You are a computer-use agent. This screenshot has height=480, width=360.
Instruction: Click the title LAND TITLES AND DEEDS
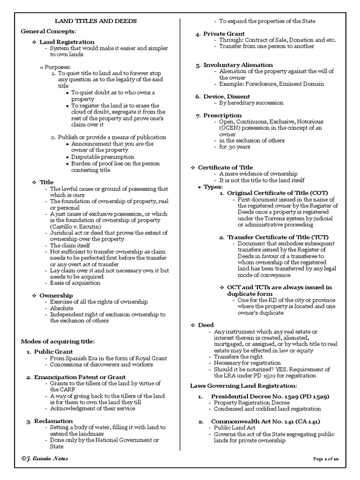point(96,21)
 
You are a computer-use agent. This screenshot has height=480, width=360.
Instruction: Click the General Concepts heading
point(48,31)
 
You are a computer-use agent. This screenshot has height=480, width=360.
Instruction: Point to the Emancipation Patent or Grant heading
point(79,377)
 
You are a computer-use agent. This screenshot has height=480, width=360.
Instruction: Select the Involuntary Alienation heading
point(238,65)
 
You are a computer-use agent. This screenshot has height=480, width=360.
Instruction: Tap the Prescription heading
point(222,115)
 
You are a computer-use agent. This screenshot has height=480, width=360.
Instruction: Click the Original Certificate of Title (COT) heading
point(277,193)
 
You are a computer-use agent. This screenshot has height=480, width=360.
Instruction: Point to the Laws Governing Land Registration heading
point(243,385)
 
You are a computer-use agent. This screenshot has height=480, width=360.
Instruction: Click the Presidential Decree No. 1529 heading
point(270,397)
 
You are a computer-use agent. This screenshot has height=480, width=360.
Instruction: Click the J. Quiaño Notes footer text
point(45,458)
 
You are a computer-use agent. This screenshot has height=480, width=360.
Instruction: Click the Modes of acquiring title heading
point(58,341)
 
